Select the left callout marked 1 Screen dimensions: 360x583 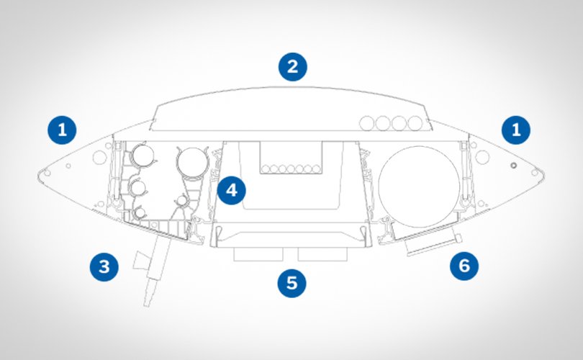coord(62,130)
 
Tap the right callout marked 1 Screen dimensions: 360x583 coord(515,130)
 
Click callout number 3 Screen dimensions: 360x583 coord(104,267)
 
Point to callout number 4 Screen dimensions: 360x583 coord(231,190)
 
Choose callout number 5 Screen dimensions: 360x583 coord(291,282)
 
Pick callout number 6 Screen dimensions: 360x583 coord(464,266)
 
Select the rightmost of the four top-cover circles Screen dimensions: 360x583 coord(415,122)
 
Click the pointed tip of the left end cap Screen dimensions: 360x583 coord(40,173)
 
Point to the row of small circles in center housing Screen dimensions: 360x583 coord(291,169)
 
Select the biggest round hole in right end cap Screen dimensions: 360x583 coord(484,156)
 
